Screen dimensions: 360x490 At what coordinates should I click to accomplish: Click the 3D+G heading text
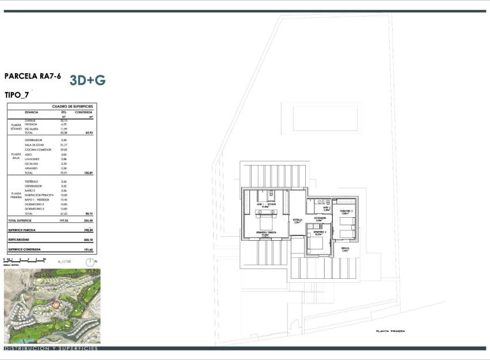click(x=88, y=80)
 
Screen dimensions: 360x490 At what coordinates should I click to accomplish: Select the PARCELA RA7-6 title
click(x=32, y=76)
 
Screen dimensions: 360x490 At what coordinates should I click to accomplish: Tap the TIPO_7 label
click(x=17, y=95)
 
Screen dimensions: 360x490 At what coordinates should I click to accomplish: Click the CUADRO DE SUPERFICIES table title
click(x=73, y=107)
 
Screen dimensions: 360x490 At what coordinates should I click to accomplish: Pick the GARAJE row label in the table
click(x=31, y=120)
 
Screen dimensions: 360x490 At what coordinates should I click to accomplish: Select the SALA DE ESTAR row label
click(x=34, y=145)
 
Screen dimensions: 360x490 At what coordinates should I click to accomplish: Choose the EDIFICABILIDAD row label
click(x=18, y=240)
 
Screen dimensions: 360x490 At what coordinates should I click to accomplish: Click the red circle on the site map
click(x=56, y=304)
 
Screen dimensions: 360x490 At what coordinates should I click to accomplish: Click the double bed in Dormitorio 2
click(x=316, y=242)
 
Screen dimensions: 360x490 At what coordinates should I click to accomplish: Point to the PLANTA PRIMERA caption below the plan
click(x=390, y=331)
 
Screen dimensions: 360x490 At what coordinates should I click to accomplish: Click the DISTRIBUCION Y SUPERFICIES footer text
click(x=51, y=348)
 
